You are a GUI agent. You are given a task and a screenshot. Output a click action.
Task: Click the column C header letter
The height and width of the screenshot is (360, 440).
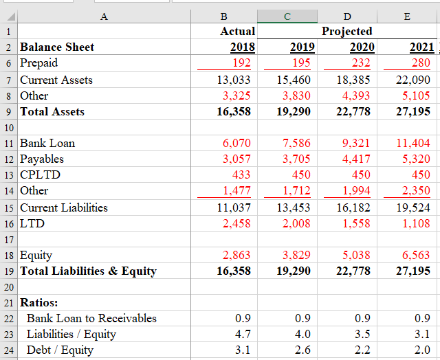pyautogui.click(x=287, y=16)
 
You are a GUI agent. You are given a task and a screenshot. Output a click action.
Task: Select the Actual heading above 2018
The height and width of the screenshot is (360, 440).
pyautogui.click(x=237, y=32)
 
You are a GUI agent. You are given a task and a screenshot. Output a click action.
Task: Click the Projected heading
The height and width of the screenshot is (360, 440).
pyautogui.click(x=346, y=32)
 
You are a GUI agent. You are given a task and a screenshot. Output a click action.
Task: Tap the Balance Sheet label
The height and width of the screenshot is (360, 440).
pyautogui.click(x=57, y=47)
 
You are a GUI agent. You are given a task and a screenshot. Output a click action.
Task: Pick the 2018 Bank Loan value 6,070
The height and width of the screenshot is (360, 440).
pyautogui.click(x=236, y=144)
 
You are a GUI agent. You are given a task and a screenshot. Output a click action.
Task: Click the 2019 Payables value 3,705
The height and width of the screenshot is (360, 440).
pyautogui.click(x=296, y=159)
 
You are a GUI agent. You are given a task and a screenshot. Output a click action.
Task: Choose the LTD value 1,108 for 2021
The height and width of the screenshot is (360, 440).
pyautogui.click(x=416, y=223)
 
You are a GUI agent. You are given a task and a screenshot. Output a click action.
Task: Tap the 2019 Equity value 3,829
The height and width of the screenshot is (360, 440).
pyautogui.click(x=296, y=256)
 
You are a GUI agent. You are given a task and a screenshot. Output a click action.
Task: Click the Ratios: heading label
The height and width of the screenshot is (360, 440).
pyautogui.click(x=39, y=302)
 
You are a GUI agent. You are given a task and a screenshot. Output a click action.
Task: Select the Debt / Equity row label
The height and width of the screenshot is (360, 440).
pyautogui.click(x=60, y=350)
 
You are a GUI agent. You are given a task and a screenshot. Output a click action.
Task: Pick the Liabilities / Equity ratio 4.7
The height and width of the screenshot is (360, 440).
pyautogui.click(x=243, y=334)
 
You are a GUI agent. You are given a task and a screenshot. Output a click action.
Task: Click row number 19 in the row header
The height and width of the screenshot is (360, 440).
pyautogui.click(x=8, y=271)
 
